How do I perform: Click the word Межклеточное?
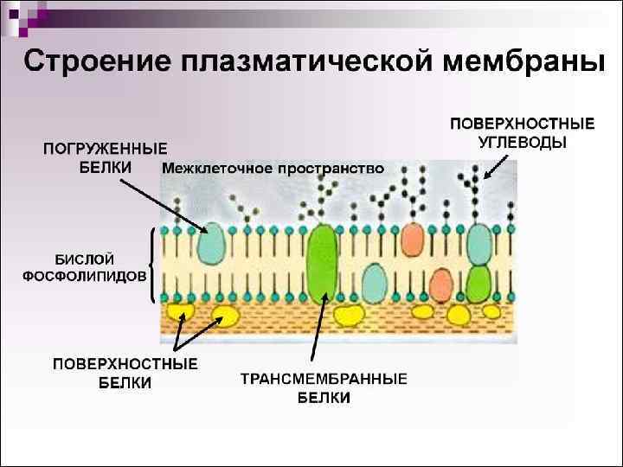pyautogui.click(x=215, y=169)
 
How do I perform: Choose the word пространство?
pyautogui.click(x=327, y=169)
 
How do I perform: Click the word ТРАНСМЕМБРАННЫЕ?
pyautogui.click(x=324, y=380)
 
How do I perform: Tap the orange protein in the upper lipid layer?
pyautogui.click(x=414, y=240)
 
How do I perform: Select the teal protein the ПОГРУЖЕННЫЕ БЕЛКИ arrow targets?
pyautogui.click(x=210, y=245)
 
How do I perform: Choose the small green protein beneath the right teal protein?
pyautogui.click(x=478, y=282)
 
